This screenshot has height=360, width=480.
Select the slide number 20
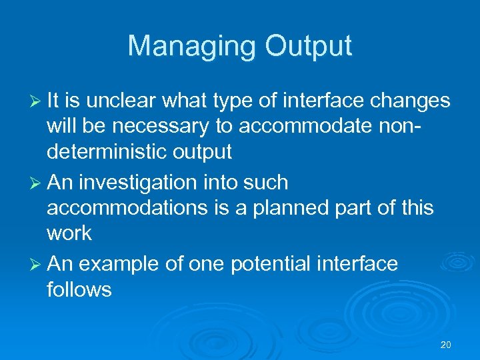point(446,345)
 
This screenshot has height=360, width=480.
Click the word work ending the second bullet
point(69,234)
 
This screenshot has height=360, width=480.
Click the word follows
point(79,290)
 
